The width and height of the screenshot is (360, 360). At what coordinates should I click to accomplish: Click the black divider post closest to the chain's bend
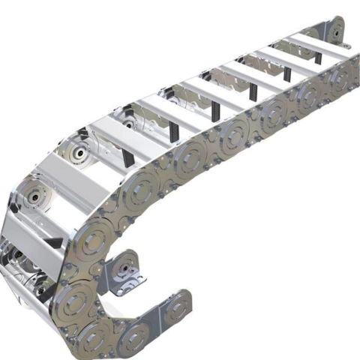click(x=128, y=157)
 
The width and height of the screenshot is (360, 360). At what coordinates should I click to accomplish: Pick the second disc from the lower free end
click(x=136, y=334)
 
